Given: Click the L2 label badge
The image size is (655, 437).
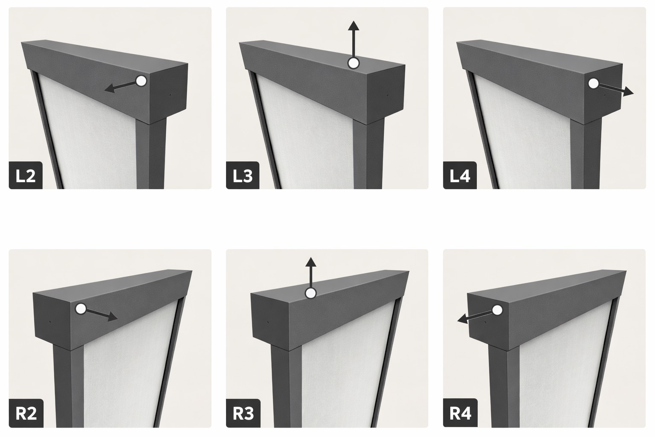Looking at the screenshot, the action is click(26, 175).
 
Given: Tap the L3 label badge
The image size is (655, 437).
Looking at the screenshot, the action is click(243, 175).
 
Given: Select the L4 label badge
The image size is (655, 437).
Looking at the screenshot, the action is click(460, 175).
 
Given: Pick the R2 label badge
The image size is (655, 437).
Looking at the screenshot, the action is click(26, 413).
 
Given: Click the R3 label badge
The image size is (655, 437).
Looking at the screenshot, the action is click(243, 413).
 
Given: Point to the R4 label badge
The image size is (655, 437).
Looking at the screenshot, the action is click(460, 413).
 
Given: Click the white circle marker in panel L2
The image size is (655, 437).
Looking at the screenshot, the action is click(142, 81).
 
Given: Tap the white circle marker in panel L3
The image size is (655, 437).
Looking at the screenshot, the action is click(353, 63).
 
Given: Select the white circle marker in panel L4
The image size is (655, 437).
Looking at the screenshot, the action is click(593, 84).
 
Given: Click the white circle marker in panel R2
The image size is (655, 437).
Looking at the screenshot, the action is click(81, 309).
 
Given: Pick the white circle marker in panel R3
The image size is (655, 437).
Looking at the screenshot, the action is click(310, 293).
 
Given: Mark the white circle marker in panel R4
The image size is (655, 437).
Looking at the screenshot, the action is click(497, 310).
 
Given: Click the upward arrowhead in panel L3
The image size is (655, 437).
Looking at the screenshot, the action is click(353, 26).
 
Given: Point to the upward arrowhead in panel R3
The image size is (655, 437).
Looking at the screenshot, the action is click(310, 262).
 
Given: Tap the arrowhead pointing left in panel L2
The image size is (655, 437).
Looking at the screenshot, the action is click(110, 88).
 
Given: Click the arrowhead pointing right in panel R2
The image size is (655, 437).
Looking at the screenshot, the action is click(113, 316).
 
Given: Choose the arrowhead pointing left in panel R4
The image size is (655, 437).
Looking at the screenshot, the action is click(462, 319).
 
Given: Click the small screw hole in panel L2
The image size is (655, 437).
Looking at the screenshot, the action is click(170, 95).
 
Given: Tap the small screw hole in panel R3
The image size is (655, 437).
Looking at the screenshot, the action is click(268, 323).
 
